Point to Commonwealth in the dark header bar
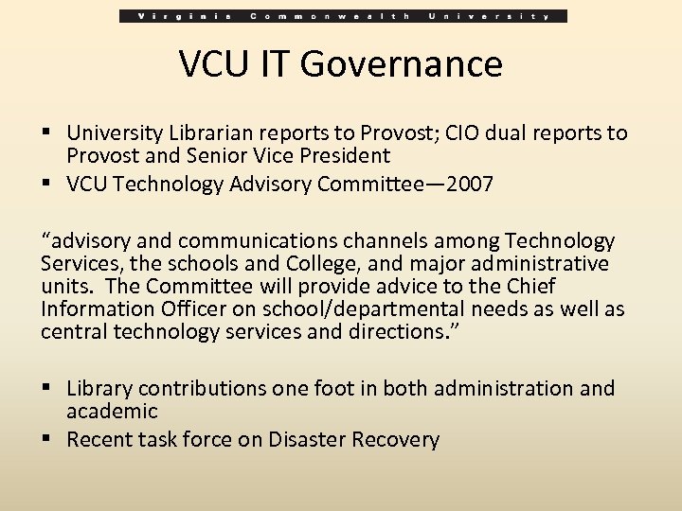[x=328, y=16]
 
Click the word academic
[x=112, y=411]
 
